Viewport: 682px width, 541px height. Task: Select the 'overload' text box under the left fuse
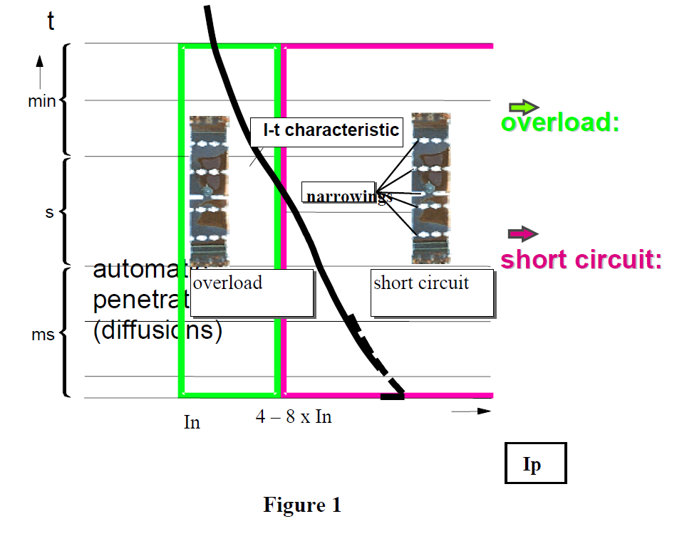point(252,292)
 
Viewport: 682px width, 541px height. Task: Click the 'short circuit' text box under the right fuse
point(431,292)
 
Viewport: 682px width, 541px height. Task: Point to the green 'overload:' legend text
point(559,122)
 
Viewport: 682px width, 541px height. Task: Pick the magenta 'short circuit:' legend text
point(581,259)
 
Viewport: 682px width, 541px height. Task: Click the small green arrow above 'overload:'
point(524,107)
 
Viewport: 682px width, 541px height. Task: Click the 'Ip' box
point(535,463)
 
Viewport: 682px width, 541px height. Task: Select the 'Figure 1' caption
point(302,505)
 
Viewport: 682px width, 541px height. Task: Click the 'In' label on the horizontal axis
point(192,422)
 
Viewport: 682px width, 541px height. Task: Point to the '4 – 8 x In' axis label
point(294,416)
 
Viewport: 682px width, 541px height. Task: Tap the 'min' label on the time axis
point(41,102)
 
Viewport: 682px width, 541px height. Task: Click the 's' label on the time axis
point(50,212)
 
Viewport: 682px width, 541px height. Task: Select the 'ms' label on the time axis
point(43,335)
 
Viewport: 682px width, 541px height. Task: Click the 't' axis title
point(51,22)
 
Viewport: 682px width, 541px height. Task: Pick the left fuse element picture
point(209,190)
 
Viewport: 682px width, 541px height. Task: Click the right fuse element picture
point(431,188)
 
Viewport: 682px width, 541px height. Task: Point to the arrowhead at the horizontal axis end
point(485,411)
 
